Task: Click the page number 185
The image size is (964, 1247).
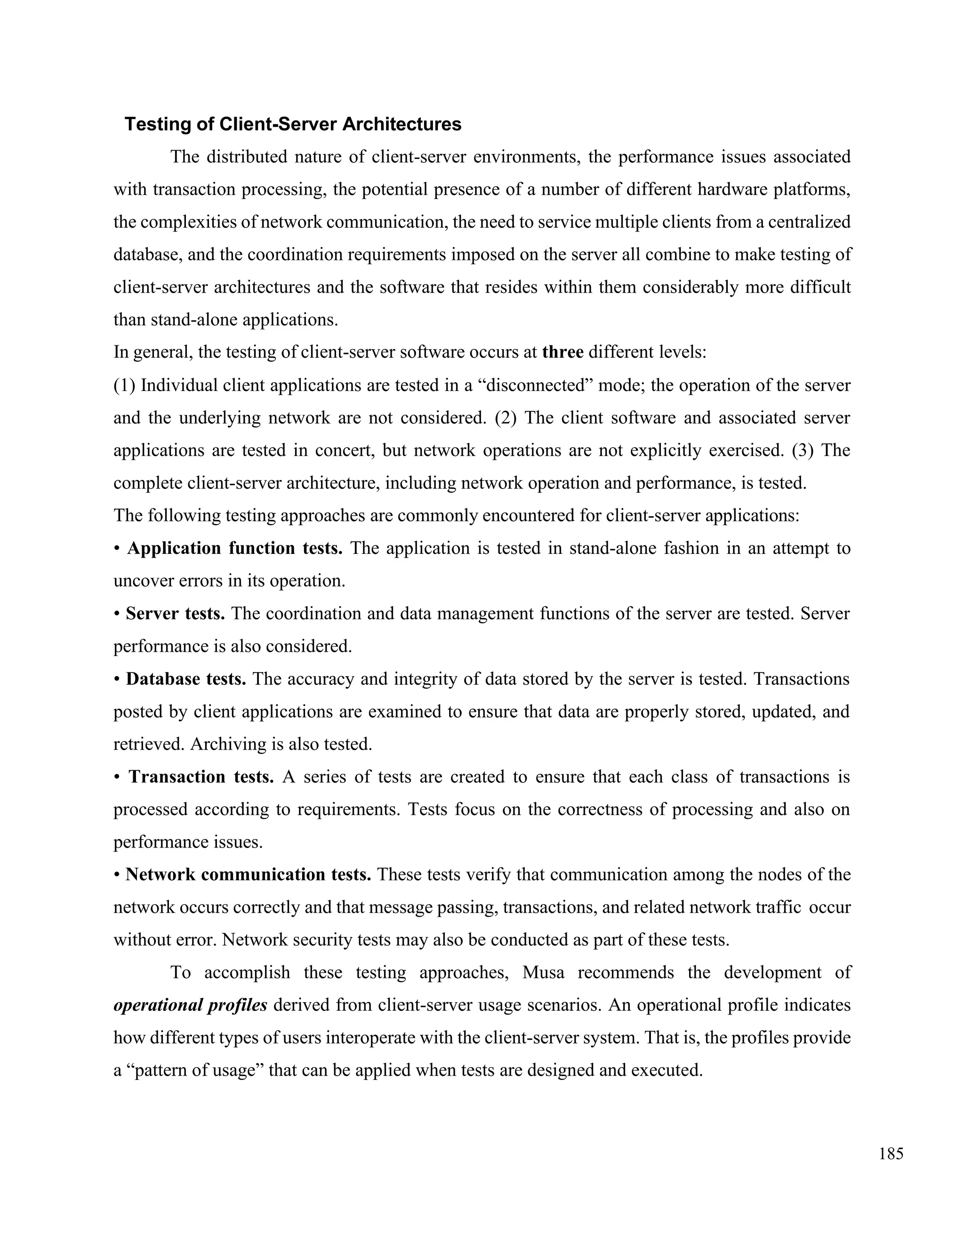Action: pos(891,1154)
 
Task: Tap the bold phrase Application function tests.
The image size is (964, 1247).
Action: pos(235,548)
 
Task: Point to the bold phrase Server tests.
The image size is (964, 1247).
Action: pos(175,614)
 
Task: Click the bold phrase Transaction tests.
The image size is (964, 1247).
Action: pos(201,776)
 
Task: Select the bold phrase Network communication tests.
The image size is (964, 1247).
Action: pos(249,875)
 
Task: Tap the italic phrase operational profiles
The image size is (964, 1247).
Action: pos(191,1005)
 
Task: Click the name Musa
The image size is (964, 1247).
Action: pos(543,972)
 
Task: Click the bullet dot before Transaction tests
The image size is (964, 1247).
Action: pos(117,777)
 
